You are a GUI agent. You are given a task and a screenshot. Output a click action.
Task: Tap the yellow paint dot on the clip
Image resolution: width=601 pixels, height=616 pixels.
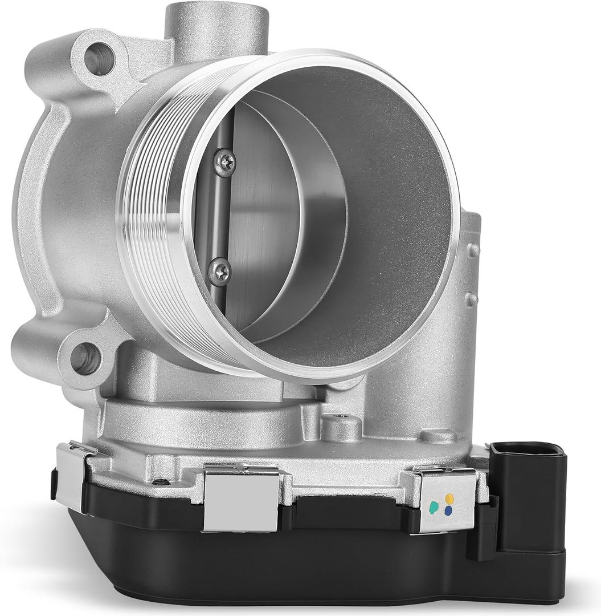click(449, 498)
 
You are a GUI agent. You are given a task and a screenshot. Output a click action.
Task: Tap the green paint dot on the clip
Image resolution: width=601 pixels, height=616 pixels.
click(435, 505)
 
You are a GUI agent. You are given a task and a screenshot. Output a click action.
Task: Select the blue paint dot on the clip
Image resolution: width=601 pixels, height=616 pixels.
click(449, 512)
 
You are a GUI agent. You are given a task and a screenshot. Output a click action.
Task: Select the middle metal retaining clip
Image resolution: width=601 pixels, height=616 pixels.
click(242, 496)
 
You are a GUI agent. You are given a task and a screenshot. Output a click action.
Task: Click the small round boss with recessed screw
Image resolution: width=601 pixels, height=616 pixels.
click(341, 425)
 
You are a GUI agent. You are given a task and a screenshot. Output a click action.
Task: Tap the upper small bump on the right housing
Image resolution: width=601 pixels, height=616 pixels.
click(472, 249)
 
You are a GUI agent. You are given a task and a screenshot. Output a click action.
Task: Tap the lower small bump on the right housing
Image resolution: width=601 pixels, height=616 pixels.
click(472, 299)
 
